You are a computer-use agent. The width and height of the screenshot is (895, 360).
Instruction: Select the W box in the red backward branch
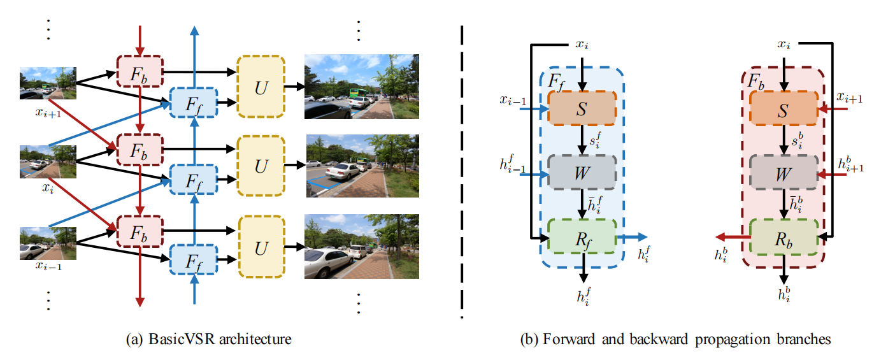(783, 172)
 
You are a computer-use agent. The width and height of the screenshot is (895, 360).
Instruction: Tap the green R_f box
(582, 238)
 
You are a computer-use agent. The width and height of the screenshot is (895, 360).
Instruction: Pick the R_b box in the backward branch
(783, 238)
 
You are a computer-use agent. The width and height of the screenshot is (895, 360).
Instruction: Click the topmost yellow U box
(261, 86)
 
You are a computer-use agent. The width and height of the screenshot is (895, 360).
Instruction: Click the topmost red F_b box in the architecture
(140, 73)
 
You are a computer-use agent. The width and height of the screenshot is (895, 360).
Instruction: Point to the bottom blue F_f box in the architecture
(194, 260)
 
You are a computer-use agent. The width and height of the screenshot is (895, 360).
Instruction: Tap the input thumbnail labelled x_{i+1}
(48, 83)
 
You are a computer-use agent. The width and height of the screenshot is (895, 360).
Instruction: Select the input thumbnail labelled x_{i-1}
(48, 243)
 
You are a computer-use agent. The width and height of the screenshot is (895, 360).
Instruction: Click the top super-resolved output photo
(361, 86)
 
